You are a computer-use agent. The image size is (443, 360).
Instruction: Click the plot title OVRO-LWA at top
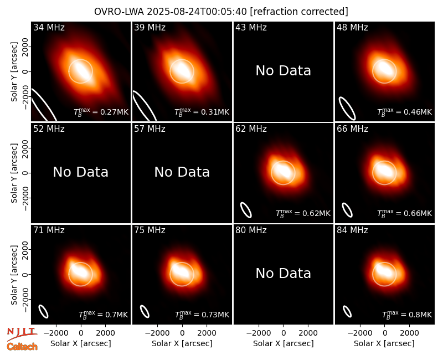(221, 12)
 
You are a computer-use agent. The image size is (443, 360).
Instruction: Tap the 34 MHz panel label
(49, 27)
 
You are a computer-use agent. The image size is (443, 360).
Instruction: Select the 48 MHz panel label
(352, 27)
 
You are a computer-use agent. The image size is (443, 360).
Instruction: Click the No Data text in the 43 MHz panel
(284, 71)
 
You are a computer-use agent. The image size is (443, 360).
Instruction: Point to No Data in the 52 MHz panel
(81, 172)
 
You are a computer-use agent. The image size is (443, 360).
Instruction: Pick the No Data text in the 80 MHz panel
(284, 274)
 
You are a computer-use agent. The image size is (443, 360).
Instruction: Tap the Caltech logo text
(22, 347)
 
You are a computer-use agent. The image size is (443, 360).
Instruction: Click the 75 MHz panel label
(150, 230)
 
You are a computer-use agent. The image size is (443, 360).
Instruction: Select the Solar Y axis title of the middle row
(14, 173)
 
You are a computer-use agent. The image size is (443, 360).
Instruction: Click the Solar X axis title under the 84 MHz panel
(384, 343)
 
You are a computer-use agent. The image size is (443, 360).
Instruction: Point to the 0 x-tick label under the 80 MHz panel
(284, 333)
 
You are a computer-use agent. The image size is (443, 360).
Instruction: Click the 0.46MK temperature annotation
(405, 112)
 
